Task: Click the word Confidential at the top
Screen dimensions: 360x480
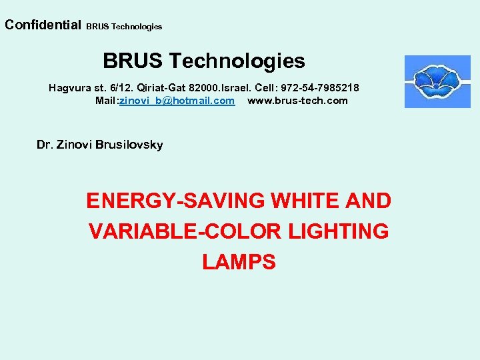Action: pyautogui.click(x=42, y=25)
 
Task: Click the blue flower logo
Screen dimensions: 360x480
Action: pyautogui.click(x=437, y=81)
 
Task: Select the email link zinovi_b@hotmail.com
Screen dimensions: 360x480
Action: pyautogui.click(x=177, y=101)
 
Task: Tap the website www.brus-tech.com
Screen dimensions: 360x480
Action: pyautogui.click(x=297, y=101)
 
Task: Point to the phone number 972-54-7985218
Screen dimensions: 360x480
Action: pyautogui.click(x=323, y=88)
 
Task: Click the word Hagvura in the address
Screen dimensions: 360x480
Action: pyautogui.click(x=69, y=88)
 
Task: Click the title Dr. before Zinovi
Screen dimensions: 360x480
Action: pyautogui.click(x=44, y=145)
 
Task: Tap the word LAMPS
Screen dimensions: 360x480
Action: pyautogui.click(x=239, y=262)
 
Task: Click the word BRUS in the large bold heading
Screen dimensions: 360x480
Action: pyautogui.click(x=133, y=61)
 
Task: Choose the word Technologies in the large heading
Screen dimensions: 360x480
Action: pyautogui.click(x=237, y=61)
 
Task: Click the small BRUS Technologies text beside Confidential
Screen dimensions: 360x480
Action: pyautogui.click(x=124, y=27)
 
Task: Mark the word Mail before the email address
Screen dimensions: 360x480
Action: pyautogui.click(x=105, y=101)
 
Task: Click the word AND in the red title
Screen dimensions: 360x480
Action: pyautogui.click(x=367, y=201)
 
